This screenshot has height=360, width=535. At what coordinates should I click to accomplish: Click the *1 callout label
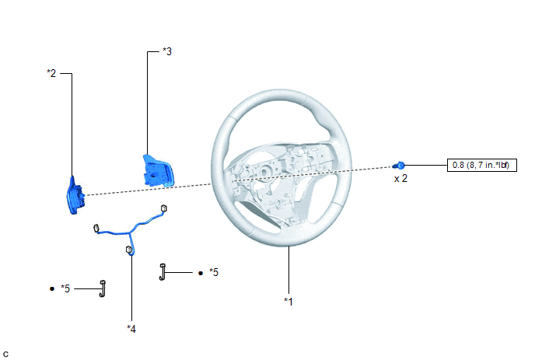pos(288,302)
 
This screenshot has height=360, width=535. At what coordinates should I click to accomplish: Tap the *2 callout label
pos(51,73)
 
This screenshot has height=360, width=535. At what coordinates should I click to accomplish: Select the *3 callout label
pos(167,51)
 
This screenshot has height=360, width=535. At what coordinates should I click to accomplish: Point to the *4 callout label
pos(131,329)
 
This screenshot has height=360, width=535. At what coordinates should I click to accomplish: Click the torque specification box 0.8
pos(482,165)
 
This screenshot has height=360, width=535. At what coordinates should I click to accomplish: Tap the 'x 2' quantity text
pos(400,179)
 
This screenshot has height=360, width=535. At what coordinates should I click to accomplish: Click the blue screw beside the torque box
pos(399,166)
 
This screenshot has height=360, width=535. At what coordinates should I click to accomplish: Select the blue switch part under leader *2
pos(75,195)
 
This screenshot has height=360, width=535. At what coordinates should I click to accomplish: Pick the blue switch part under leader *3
pos(158,170)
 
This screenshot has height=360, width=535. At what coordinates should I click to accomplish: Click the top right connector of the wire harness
pos(164,208)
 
